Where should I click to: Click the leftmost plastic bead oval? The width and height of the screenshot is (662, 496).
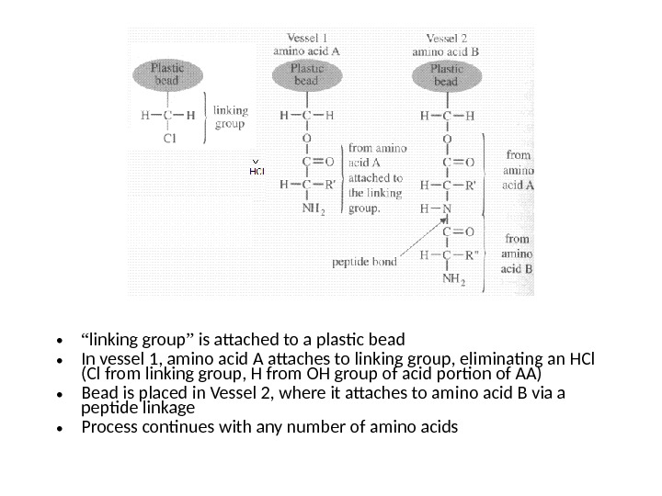(167, 73)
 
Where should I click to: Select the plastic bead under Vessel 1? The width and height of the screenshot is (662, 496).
(306, 74)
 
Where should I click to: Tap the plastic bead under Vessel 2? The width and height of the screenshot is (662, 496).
(446, 75)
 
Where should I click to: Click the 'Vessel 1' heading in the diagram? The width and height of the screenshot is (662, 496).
(306, 38)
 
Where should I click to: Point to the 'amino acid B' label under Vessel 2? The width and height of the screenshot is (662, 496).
(445, 52)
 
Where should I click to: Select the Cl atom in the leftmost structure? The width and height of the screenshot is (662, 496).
(169, 140)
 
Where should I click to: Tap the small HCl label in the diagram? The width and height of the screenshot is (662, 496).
(257, 171)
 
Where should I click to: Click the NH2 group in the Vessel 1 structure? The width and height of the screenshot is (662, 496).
(311, 208)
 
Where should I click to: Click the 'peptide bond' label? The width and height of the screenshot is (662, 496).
(364, 262)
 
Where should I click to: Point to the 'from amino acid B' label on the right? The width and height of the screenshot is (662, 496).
(518, 254)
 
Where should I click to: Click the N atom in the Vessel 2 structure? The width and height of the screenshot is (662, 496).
(448, 208)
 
